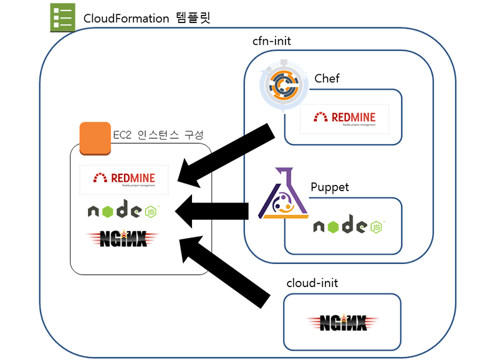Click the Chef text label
click(328, 78)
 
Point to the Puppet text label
click(330, 187)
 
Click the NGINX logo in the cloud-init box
click(343, 322)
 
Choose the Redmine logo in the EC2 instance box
click(125, 178)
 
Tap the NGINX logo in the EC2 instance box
click(123, 238)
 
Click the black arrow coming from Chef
click(228, 155)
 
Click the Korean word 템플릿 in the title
click(192, 18)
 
